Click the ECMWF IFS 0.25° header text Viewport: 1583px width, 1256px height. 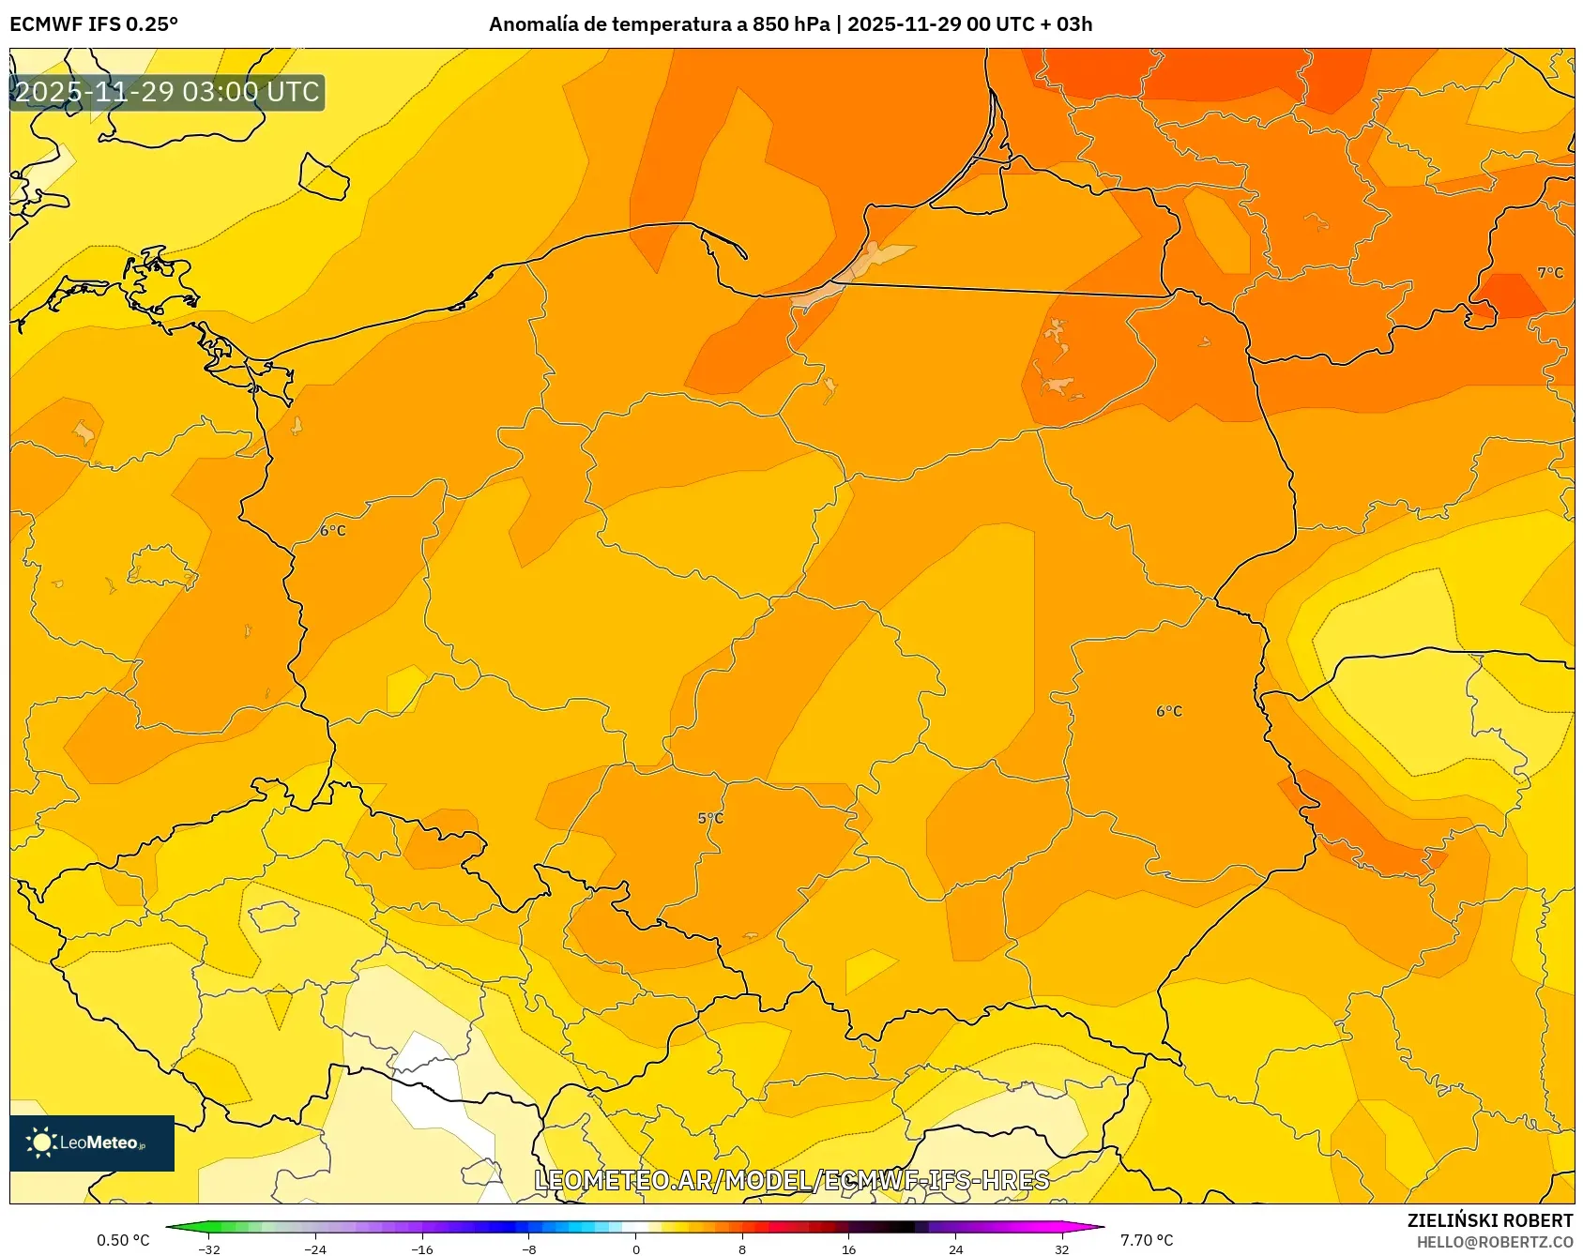click(94, 24)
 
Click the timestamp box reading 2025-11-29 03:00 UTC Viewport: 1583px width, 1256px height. click(167, 92)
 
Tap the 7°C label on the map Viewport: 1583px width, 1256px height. click(1550, 273)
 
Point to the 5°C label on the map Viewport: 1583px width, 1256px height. click(710, 818)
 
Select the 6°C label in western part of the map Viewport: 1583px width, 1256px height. click(333, 531)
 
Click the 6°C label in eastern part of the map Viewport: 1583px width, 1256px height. click(1169, 712)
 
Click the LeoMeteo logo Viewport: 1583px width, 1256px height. click(91, 1143)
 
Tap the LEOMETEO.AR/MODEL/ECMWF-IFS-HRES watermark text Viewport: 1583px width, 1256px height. click(791, 1180)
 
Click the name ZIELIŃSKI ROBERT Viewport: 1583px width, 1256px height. click(1489, 1220)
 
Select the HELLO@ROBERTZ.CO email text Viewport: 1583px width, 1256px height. click(1494, 1242)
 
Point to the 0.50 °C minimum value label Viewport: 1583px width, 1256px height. click(123, 1240)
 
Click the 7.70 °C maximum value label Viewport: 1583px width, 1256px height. click(1147, 1240)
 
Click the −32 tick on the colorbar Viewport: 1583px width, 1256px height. click(209, 1248)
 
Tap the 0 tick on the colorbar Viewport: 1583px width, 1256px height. click(635, 1248)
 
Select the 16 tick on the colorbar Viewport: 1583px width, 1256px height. click(848, 1248)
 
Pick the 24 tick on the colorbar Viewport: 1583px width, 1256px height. click(955, 1248)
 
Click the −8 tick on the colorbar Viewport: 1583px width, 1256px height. click(529, 1248)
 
